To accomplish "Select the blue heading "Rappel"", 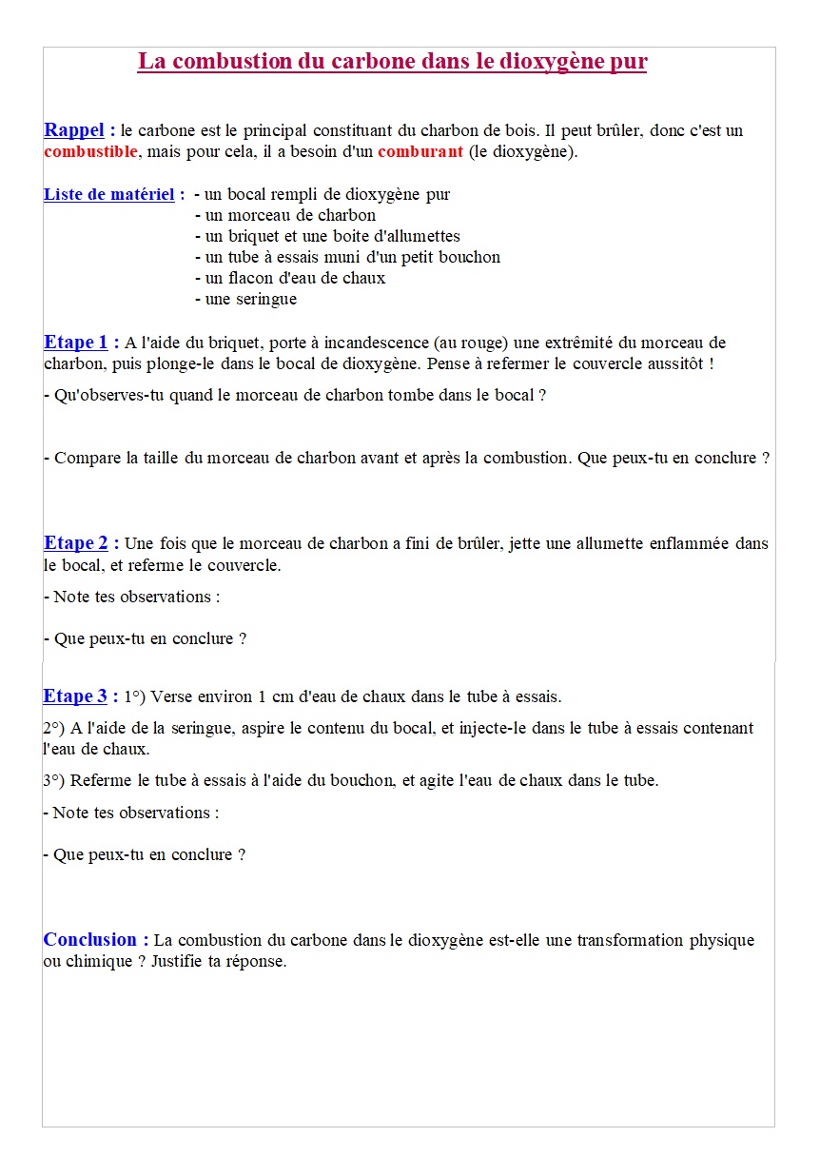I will [x=74, y=130].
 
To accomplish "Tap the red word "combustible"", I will [x=91, y=152].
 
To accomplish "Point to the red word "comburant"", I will [x=420, y=152].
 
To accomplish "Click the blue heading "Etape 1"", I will [x=76, y=343].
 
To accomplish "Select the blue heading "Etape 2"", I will [x=76, y=543].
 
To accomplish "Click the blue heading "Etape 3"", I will [x=75, y=696].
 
